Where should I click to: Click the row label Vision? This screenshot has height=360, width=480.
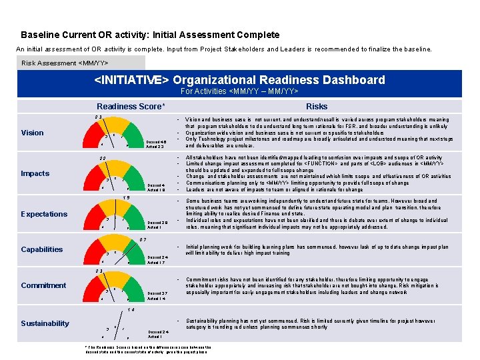[x=32, y=133]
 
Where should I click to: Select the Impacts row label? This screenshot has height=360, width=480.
[x=35, y=173]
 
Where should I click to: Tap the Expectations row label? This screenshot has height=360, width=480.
[x=44, y=214]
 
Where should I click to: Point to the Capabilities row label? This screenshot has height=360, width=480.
[x=42, y=249]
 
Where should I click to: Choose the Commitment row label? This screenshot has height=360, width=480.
[x=43, y=285]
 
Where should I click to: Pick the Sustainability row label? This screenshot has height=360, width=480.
[x=45, y=323]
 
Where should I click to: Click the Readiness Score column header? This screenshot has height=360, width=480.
[x=131, y=106]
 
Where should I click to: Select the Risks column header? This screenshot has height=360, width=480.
[x=317, y=106]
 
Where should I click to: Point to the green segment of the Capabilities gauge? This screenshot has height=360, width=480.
[x=137, y=251]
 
